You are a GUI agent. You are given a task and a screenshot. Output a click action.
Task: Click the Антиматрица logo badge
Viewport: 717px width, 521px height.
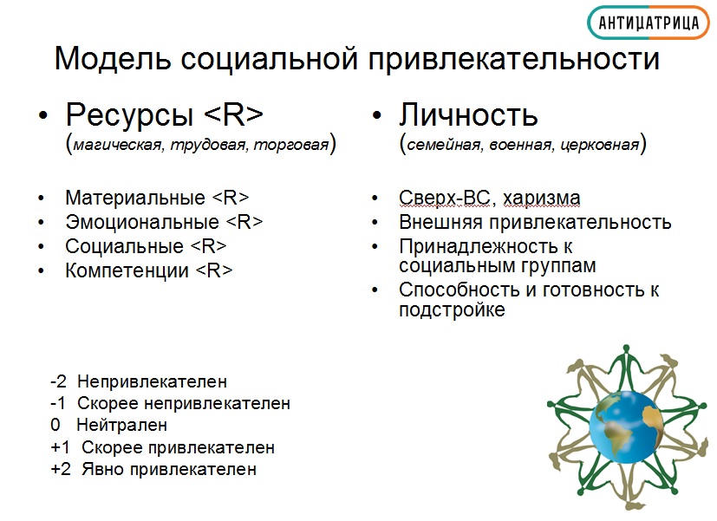[648, 23]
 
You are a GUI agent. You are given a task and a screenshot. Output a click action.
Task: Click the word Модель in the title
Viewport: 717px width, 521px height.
[113, 58]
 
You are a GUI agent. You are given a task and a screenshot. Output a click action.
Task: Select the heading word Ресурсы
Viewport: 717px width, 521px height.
[129, 114]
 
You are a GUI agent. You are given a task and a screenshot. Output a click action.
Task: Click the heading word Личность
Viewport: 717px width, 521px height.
[468, 114]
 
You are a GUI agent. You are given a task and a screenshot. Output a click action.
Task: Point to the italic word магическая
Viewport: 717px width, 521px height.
[118, 145]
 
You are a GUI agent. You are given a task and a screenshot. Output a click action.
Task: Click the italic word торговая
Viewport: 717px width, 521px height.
[291, 145]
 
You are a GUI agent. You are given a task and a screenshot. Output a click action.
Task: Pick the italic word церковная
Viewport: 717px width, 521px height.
[599, 145]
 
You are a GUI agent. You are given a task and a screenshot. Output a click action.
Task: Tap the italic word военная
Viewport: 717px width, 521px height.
[520, 145]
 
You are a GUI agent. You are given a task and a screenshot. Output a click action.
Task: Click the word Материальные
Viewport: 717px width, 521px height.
[135, 198]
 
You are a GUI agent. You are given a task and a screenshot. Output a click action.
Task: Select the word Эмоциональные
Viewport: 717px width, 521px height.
[142, 222]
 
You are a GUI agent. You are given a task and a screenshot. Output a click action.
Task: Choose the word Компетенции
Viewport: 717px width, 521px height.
[127, 270]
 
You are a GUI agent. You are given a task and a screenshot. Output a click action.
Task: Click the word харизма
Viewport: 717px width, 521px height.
[541, 199]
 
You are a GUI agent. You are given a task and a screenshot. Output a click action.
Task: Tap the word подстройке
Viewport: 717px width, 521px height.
[452, 309]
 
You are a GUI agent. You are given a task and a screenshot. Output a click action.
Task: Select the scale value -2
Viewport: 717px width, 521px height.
[59, 381]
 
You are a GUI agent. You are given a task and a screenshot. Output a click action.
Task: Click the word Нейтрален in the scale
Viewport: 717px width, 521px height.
[121, 425]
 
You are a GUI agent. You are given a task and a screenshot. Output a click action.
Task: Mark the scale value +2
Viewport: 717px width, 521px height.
[61, 469]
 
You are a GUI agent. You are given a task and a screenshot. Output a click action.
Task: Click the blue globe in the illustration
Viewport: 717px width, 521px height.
[627, 427]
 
